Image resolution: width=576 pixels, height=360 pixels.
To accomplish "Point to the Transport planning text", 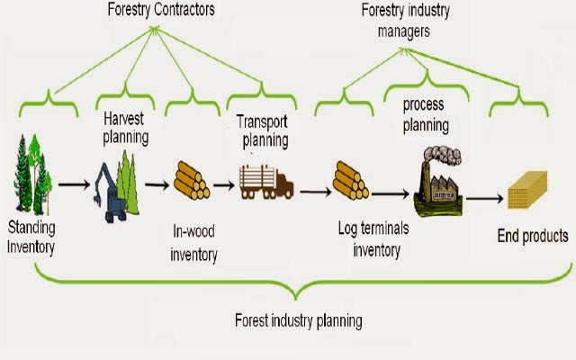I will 262,130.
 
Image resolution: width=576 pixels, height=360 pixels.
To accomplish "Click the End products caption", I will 533,237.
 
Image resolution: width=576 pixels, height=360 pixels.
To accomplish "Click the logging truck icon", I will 265,184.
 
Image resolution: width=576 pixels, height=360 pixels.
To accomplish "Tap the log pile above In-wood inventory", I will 191,181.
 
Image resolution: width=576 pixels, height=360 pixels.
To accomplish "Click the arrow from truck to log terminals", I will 314,191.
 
